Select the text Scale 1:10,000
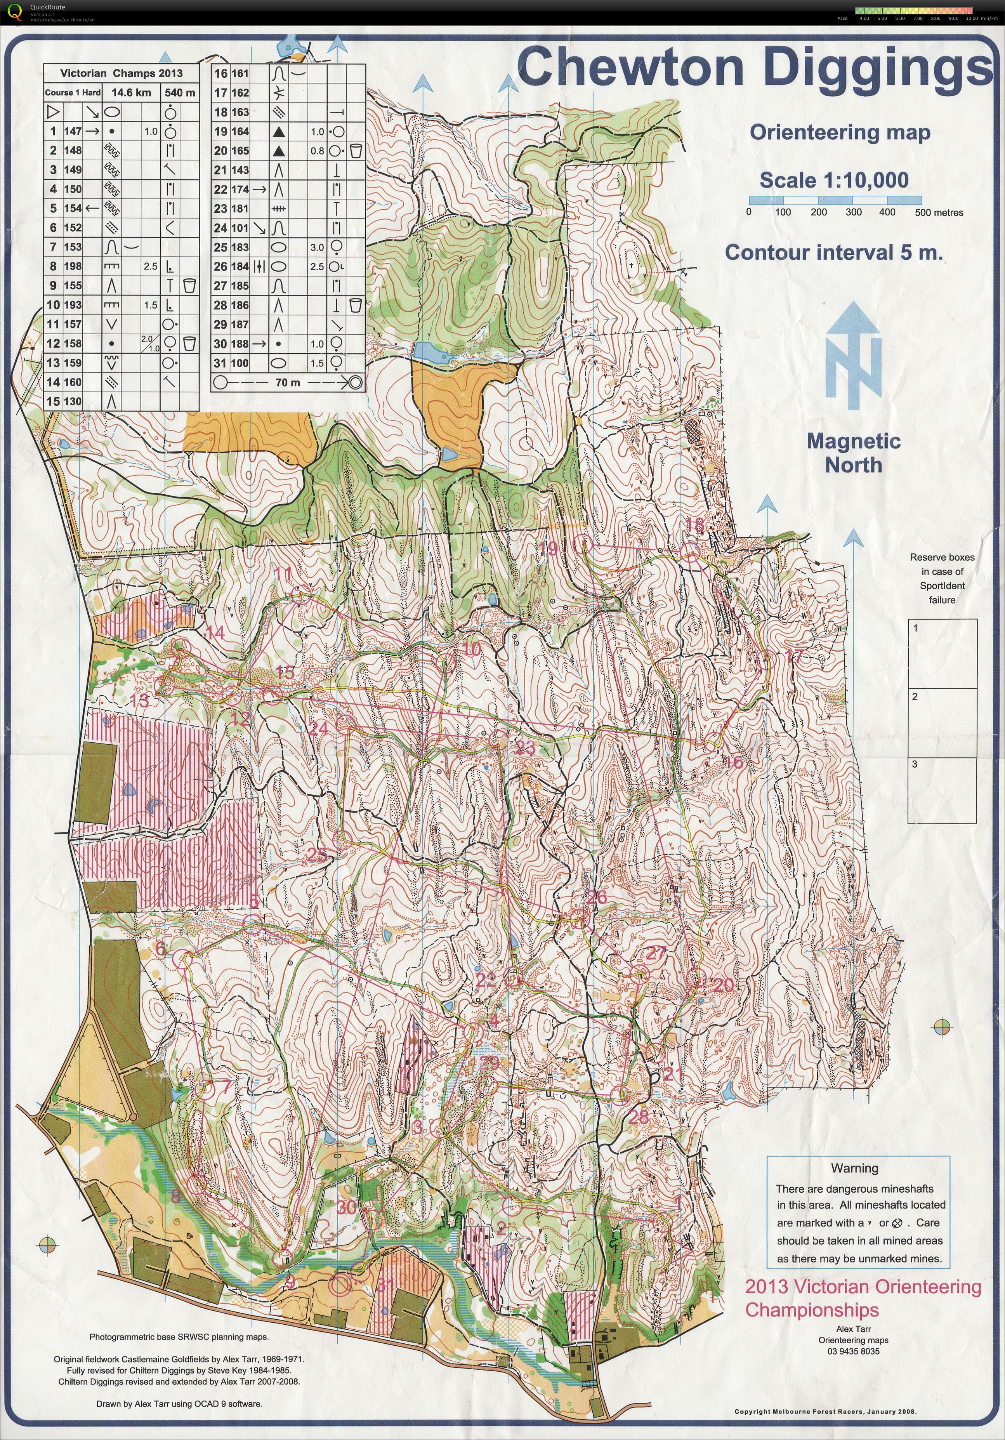(834, 181)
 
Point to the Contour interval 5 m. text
(834, 253)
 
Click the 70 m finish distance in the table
(288, 382)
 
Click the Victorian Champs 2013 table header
(121, 73)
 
